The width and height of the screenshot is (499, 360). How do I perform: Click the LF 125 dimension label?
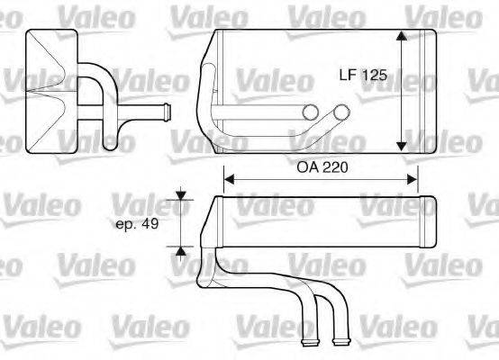point(364,76)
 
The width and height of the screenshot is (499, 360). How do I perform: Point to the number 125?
point(375,76)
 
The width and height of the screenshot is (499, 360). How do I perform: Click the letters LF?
point(349,76)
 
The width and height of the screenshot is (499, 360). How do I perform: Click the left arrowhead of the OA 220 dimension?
point(228,179)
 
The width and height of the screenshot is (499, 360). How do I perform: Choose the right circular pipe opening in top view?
point(340,112)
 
